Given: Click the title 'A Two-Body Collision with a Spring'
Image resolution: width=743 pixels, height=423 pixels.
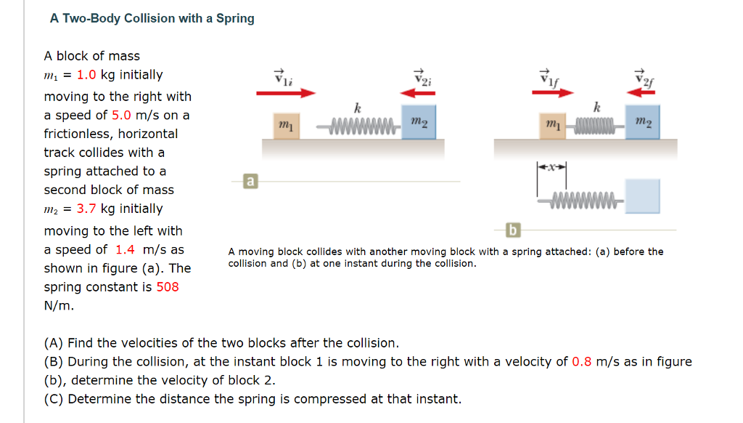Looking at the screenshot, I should (152, 18).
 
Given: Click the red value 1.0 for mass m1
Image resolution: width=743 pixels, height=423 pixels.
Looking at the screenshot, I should (87, 75).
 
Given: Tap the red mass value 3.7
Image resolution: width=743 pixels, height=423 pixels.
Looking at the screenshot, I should (87, 209).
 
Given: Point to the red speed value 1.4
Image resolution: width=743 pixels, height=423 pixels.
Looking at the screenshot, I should (125, 249).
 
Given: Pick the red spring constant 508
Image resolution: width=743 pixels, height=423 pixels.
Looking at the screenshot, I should (168, 286).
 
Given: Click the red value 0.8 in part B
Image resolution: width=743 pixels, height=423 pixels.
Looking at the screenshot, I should (582, 361).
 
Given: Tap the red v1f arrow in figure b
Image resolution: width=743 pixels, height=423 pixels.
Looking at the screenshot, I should (552, 93).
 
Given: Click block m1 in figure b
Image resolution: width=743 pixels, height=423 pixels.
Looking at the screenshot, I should (552, 126).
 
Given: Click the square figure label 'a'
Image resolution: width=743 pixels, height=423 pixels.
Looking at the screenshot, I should (250, 180).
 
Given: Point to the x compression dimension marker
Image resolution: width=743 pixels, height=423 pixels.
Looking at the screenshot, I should (551, 167).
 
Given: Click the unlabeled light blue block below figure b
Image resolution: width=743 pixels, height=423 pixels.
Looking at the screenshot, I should (643, 196).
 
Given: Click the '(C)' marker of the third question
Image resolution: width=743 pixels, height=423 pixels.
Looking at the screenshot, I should (54, 399).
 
